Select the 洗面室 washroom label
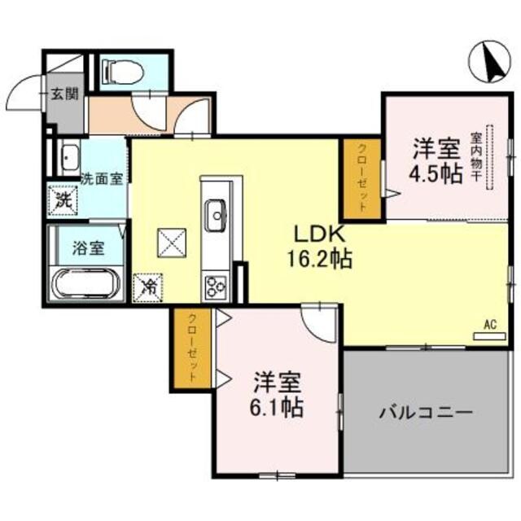102,178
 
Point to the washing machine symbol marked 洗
63,198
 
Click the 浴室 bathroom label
88,248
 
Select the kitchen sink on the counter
217,215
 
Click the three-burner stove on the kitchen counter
217,286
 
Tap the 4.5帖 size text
436,173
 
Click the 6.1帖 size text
277,405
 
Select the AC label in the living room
490,324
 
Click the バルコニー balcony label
425,413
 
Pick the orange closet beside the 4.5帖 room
361,180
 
